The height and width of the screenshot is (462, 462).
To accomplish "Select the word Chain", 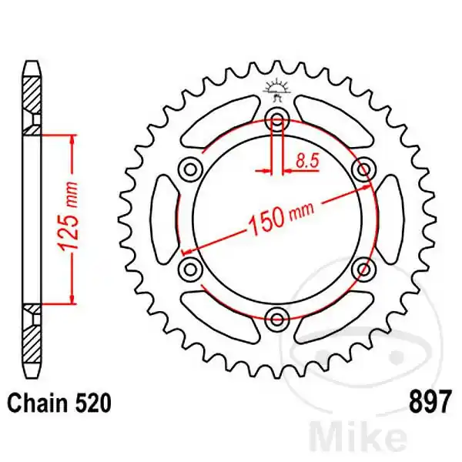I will (x=35, y=403).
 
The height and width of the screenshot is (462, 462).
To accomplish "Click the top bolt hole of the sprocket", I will (x=277, y=119).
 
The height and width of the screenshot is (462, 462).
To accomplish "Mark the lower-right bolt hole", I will (x=363, y=267).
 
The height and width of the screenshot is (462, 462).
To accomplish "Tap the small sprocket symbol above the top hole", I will (x=277, y=89).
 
